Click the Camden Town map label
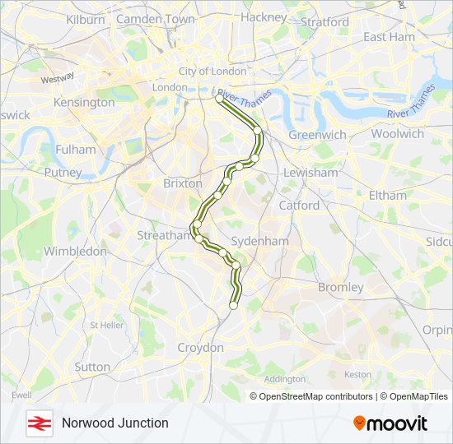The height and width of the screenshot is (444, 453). [156, 19]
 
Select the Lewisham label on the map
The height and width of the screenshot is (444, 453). [311, 173]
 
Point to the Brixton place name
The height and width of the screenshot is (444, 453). [183, 184]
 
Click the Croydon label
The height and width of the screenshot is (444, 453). [200, 348]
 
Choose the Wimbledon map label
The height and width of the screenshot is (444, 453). [75, 251]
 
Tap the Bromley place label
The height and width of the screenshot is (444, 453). [340, 288]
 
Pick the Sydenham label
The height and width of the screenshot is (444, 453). [259, 242]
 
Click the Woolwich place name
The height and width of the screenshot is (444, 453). [397, 133]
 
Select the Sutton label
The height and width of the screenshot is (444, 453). [92, 367]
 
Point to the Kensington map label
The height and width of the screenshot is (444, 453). [84, 103]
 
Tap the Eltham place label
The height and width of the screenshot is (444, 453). [388, 196]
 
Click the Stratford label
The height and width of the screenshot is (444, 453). [325, 22]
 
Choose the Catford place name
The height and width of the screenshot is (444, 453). [299, 205]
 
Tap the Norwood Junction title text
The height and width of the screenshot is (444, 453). [114, 423]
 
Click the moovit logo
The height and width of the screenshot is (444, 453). [390, 423]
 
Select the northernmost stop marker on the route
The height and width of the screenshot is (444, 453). [219, 99]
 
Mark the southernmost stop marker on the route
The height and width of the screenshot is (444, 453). [233, 305]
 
